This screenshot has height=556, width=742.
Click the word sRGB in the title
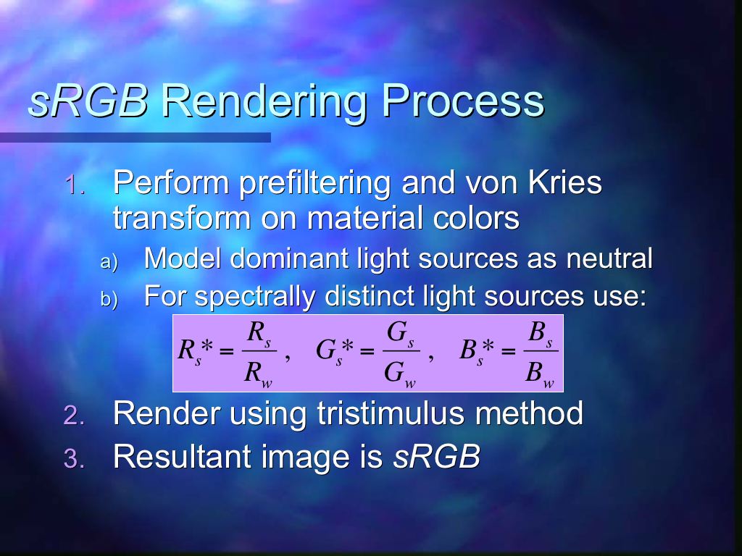[x=88, y=101]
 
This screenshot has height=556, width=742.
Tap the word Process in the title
[x=463, y=101]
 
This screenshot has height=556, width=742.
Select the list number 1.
[x=75, y=185]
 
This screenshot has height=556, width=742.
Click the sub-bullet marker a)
[x=109, y=261]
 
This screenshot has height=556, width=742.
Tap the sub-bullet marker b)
[x=109, y=299]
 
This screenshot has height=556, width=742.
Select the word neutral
[x=609, y=258]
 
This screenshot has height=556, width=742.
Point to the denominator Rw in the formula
[x=258, y=374]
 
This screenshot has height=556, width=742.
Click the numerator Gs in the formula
[x=400, y=333]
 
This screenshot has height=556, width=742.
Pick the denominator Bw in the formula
[x=539, y=374]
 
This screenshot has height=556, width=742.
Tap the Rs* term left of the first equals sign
[x=196, y=351]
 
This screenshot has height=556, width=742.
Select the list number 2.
[x=75, y=416]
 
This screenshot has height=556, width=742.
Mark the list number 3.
[x=75, y=458]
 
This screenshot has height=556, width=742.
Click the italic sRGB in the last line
[x=436, y=457]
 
